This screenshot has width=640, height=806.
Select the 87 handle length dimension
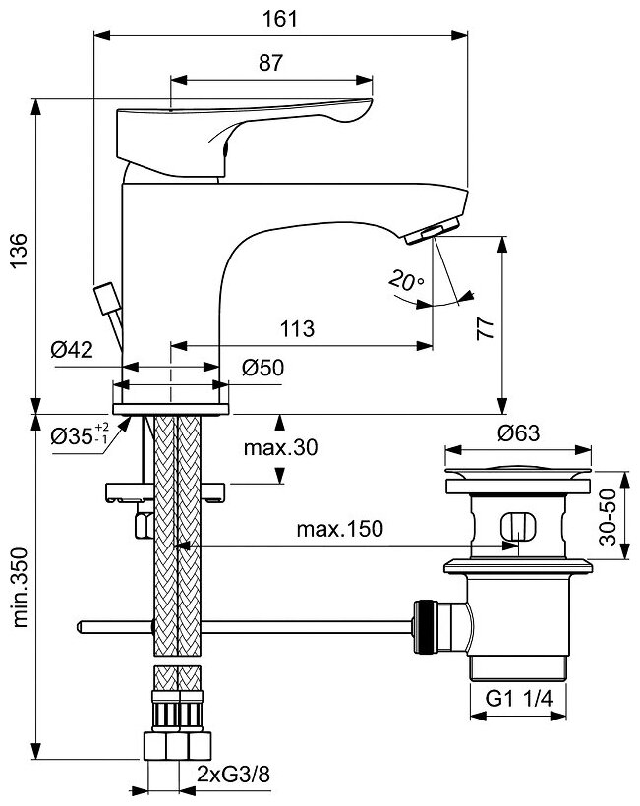coord(271,62)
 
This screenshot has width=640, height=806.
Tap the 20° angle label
coord(406,280)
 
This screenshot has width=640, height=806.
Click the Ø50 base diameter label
coord(263,369)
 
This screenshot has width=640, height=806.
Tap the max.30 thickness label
coord(281,448)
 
